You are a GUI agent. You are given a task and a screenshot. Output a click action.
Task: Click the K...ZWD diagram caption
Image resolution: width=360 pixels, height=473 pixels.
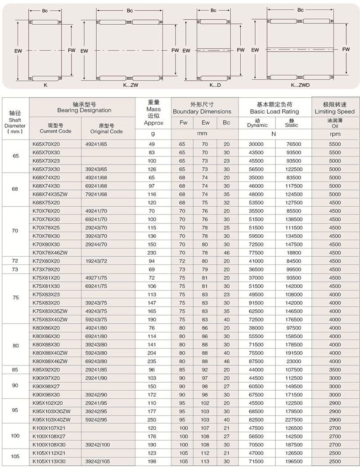click(x=300, y=85)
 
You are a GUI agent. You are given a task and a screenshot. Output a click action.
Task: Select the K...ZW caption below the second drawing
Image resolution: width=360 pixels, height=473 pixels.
click(x=130, y=85)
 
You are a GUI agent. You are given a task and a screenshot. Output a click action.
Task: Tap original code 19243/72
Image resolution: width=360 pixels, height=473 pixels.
click(x=97, y=260)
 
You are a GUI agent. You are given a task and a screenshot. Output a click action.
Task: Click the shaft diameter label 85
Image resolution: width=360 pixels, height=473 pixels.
click(x=16, y=370)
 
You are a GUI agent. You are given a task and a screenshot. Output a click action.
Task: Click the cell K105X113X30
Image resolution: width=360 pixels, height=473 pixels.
click(x=49, y=461)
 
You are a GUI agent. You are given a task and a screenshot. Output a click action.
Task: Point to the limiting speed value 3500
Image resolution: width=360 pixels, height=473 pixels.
click(x=335, y=370)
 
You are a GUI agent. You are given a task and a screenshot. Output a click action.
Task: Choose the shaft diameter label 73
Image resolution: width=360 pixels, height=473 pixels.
click(x=16, y=269)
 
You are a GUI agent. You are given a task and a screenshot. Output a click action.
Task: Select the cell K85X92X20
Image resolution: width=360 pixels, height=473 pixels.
click(x=46, y=370)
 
